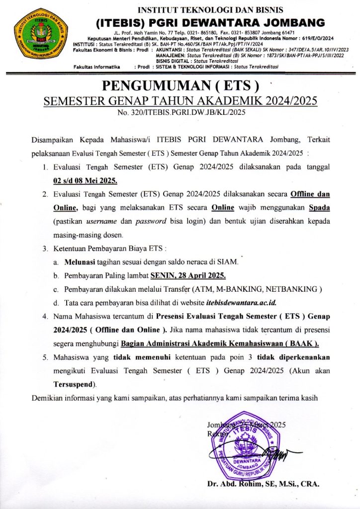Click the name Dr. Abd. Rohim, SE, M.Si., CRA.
click(x=264, y=484)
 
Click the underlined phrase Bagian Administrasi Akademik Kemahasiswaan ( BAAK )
click(x=220, y=343)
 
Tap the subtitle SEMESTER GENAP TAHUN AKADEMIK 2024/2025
click(x=181, y=101)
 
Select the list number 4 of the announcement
click(x=45, y=316)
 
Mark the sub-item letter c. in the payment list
click(x=56, y=289)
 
